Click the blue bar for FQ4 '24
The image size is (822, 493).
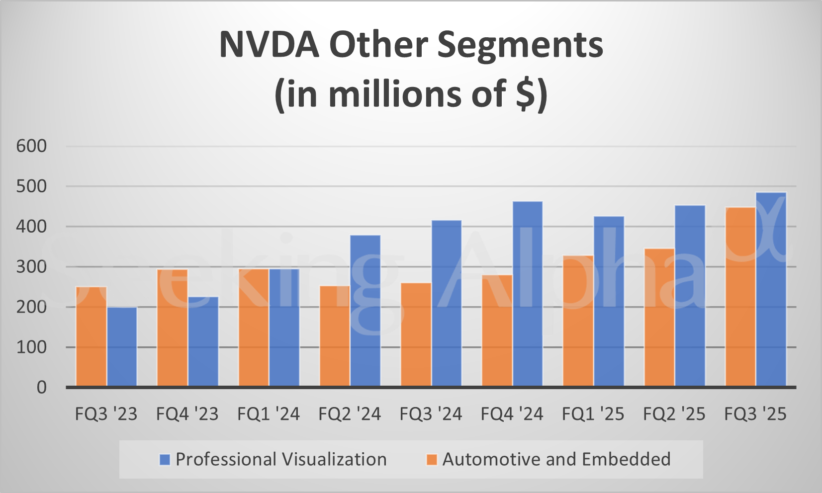[x=528, y=294]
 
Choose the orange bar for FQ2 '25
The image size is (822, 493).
[x=659, y=318]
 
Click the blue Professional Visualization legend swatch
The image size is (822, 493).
[x=165, y=460]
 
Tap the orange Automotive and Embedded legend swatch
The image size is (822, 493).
[x=432, y=460]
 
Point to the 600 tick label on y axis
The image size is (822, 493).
[x=31, y=146]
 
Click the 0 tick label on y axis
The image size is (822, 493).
[x=42, y=388]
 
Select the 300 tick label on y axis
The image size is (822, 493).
[x=31, y=267]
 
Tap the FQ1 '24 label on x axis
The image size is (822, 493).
[x=269, y=414]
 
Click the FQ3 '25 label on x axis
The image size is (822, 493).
[x=755, y=414]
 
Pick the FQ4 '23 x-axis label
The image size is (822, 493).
[x=187, y=414]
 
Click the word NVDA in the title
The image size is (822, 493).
[x=269, y=45]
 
